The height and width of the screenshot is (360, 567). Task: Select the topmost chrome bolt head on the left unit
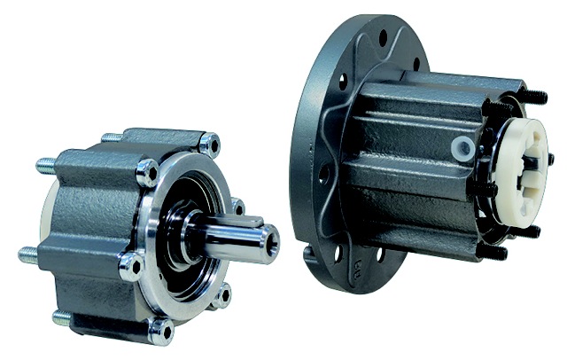tap(209, 142)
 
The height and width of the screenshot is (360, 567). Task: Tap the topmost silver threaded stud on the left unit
tap(110, 138)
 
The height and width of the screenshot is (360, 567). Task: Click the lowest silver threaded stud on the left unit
tap(62, 317)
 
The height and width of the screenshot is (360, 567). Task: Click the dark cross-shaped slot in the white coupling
tap(531, 164)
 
